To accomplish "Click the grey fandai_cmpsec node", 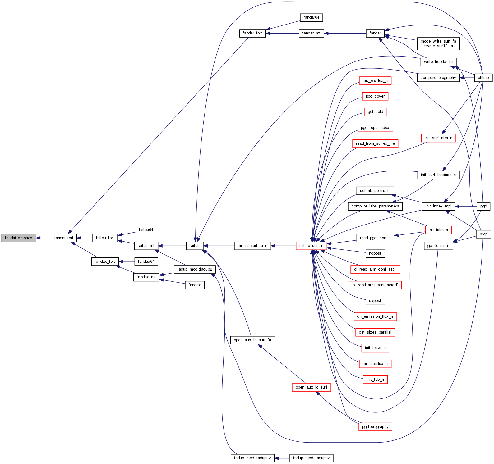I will [x=19, y=238].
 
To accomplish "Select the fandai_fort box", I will [x=64, y=238].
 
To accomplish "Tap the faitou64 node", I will [x=146, y=230].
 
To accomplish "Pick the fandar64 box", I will [x=311, y=17].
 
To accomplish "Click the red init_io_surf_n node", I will [x=311, y=246].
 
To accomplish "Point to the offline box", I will [x=483, y=78].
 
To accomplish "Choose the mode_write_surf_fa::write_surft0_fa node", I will [x=438, y=43].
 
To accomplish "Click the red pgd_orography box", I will [x=375, y=427].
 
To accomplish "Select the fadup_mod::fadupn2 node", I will [x=311, y=458].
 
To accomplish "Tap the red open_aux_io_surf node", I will [x=311, y=387].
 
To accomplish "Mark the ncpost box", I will [x=375, y=253].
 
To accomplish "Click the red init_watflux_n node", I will [x=375, y=80].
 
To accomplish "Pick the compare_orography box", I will [x=438, y=78].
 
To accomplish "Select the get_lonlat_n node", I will [x=438, y=246].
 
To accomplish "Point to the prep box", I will [x=483, y=234].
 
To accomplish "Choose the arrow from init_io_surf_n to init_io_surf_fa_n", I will [x=283, y=246].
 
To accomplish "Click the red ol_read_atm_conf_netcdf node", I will [x=375, y=285].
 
